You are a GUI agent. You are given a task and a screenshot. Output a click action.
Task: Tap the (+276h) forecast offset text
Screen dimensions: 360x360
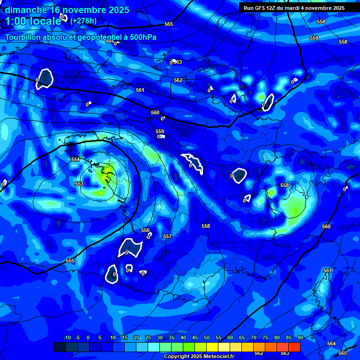pos(83,21)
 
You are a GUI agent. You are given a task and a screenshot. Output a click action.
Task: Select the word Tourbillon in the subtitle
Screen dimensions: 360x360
pos(23,37)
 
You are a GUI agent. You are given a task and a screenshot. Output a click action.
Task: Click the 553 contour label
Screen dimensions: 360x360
pos(79,184)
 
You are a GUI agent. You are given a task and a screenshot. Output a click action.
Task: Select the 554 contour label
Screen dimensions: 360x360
pos(75,159)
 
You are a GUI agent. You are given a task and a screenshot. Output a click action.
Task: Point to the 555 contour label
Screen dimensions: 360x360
pos(70,261)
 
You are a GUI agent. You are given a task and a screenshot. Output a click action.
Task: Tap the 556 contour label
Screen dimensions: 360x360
pos(145,230)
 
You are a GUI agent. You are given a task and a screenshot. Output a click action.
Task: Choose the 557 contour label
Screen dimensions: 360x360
pos(167,236)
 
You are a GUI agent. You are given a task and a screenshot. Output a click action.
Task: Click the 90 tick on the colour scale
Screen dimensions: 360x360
pos(300,337)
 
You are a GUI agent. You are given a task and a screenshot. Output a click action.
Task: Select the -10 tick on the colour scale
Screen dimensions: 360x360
pos(67,337)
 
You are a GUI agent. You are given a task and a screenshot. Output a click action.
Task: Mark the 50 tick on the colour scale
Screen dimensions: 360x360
pos(207,337)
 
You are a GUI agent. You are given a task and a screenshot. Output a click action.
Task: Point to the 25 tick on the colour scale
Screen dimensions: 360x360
pos(148,337)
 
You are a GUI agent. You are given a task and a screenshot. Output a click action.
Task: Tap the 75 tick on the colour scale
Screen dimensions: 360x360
pos(265,337)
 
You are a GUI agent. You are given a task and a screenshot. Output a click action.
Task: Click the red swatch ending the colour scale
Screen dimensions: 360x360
pos(294,347)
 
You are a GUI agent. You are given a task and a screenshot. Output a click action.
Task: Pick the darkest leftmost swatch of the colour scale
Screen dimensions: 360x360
pos(60,347)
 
